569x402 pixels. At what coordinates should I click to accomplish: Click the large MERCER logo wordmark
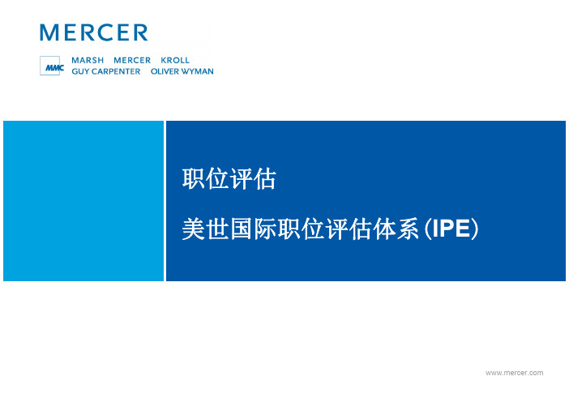[x=94, y=32]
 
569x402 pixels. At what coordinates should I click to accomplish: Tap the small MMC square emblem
[x=50, y=66]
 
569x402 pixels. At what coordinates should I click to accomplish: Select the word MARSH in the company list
[x=88, y=60]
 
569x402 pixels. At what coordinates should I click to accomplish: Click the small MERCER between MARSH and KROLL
[x=132, y=60]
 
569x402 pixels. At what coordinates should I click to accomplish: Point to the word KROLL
[x=175, y=60]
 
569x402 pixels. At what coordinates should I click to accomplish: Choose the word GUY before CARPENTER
[x=80, y=71]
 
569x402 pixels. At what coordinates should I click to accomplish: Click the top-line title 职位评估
[x=229, y=179]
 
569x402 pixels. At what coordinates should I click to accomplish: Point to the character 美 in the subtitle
[x=194, y=229]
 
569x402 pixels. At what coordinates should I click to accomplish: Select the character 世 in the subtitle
[x=217, y=229]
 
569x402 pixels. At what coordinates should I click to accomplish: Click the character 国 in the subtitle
[x=242, y=229]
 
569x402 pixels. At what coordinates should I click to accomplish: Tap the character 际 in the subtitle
[x=265, y=229]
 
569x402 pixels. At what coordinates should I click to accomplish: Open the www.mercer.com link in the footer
[x=514, y=373]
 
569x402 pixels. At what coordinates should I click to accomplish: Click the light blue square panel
[x=83, y=201]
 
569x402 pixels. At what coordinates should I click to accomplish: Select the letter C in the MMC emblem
[x=61, y=67]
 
